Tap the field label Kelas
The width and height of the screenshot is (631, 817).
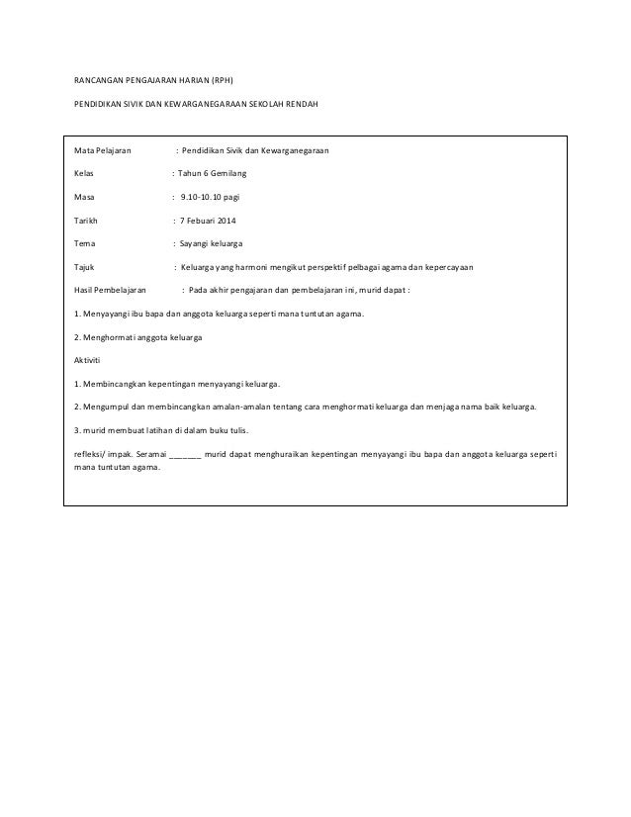(x=85, y=174)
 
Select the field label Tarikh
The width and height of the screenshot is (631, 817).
(x=87, y=220)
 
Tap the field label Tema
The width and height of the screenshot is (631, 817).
(x=86, y=243)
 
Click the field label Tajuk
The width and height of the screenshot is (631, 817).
(x=86, y=267)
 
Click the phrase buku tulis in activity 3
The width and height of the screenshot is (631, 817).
(x=228, y=431)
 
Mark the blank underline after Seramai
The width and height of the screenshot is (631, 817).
(x=186, y=455)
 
